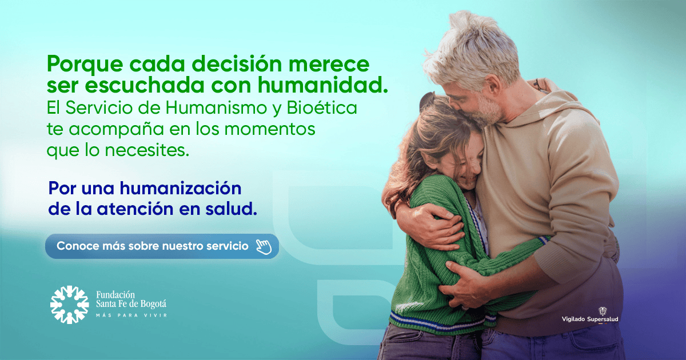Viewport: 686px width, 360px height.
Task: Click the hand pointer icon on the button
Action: pos(264,246)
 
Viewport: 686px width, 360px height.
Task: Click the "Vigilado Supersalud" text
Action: pos(590,319)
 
